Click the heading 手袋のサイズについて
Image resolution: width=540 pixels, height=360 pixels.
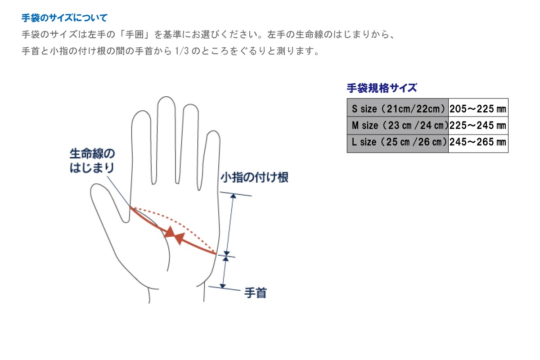pyautogui.click(x=65, y=18)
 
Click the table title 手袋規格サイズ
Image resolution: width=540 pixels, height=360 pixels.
pyautogui.click(x=382, y=88)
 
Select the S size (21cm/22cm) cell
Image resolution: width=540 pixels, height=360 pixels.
pyautogui.click(x=398, y=108)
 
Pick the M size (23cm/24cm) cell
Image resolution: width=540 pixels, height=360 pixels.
pyautogui.click(x=398, y=126)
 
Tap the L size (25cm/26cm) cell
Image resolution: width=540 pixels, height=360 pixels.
pyautogui.click(x=398, y=143)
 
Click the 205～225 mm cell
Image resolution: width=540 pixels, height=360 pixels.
pyautogui.click(x=478, y=108)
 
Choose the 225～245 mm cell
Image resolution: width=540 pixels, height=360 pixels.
pyautogui.click(x=478, y=126)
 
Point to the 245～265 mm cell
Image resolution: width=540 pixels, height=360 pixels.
pyautogui.click(x=478, y=143)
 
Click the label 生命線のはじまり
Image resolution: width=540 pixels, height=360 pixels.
pyautogui.click(x=92, y=161)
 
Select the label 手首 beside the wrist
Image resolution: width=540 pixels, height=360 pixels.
pyautogui.click(x=255, y=293)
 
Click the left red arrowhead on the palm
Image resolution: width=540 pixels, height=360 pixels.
pyautogui.click(x=170, y=232)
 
